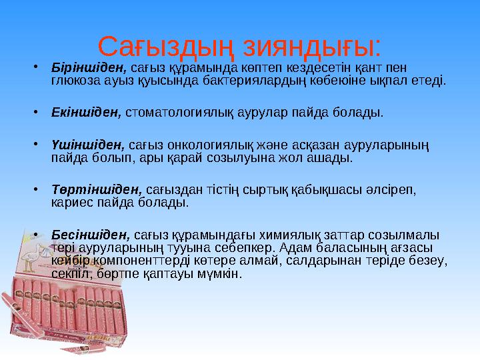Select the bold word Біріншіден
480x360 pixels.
pyautogui.click(x=89, y=67)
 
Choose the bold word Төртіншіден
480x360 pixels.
pyautogui.click(x=96, y=190)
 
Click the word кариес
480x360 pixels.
pyautogui.click(x=69, y=201)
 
